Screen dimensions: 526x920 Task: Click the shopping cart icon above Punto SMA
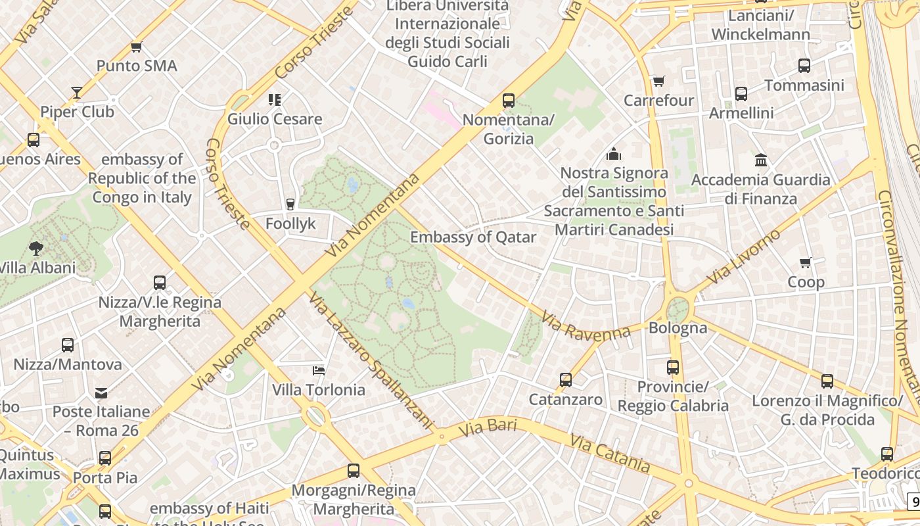(x=136, y=47)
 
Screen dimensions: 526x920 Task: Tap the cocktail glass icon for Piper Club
(x=77, y=93)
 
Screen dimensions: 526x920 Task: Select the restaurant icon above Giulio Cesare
(x=275, y=100)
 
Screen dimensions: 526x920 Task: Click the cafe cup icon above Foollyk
(x=290, y=204)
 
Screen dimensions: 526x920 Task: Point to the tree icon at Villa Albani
(x=36, y=248)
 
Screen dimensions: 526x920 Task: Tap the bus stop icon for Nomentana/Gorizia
(x=508, y=101)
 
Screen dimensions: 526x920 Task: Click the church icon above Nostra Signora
(x=614, y=154)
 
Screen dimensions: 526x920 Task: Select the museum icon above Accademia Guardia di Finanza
(x=761, y=160)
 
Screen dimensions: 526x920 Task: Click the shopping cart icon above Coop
(x=806, y=262)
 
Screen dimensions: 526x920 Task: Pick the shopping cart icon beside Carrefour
(x=658, y=81)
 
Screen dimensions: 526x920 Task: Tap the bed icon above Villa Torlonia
(x=319, y=370)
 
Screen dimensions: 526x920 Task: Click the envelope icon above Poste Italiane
(x=101, y=393)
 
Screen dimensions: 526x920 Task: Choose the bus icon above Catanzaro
(x=566, y=379)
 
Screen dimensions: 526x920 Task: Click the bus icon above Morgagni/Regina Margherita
(x=354, y=470)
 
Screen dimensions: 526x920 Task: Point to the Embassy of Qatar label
(x=473, y=237)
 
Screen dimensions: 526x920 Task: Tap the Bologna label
(x=678, y=327)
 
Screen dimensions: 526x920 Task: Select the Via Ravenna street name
(x=586, y=325)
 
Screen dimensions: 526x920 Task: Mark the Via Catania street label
(x=610, y=453)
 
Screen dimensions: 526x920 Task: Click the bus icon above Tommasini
(x=804, y=66)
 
